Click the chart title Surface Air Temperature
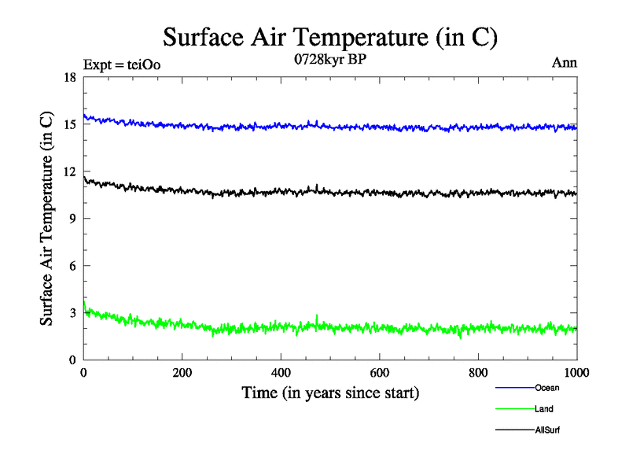tap(330, 36)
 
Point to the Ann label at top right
tap(565, 63)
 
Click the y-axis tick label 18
tap(69, 77)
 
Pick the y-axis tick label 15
tap(69, 124)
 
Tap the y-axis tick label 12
tap(69, 171)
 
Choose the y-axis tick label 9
tap(72, 219)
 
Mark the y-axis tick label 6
tap(72, 266)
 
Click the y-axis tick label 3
tap(72, 313)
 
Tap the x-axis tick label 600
tap(380, 373)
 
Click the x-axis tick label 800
tap(478, 373)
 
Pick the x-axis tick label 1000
tap(576, 373)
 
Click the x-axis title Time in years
tap(330, 392)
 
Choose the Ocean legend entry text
tap(547, 388)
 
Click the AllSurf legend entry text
tap(547, 430)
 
